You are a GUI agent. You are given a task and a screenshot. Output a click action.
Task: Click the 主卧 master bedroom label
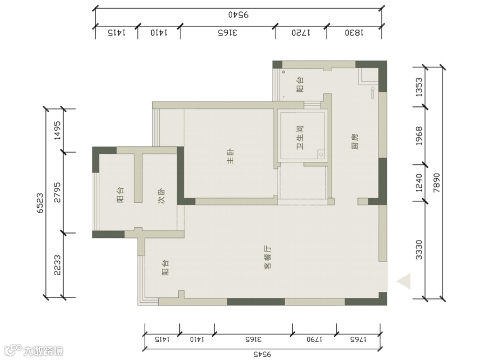231,157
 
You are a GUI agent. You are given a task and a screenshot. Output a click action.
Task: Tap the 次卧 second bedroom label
161,195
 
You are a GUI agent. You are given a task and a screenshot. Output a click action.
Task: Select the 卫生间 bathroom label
300,138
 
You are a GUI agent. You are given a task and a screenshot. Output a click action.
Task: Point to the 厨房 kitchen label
355,141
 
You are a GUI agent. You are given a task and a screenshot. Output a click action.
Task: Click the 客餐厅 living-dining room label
268,257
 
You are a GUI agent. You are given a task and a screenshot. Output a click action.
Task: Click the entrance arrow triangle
404,281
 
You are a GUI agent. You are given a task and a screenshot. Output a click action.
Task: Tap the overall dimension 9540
239,15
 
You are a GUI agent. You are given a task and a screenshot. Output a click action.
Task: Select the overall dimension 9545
262,354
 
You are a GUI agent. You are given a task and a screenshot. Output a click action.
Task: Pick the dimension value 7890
436,183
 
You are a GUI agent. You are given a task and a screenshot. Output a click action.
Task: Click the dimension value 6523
40,203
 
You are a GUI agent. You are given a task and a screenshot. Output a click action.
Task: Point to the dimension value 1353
419,87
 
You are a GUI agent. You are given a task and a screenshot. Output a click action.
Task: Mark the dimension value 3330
419,250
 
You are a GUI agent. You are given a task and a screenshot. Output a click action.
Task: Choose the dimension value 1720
301,32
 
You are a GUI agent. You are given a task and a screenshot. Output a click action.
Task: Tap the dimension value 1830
354,32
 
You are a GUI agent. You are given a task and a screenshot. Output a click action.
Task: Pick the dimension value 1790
314,339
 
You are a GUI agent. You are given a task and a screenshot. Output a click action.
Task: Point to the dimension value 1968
419,136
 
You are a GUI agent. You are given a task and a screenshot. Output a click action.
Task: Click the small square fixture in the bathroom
321,154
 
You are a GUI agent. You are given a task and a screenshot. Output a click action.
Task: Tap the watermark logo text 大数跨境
43,351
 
